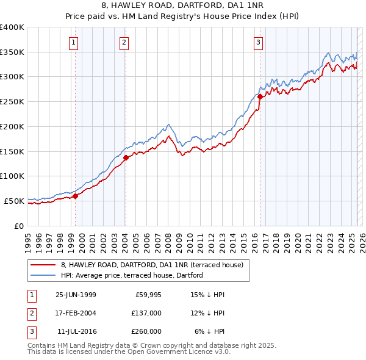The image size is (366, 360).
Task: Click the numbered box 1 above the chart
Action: (x=73, y=43)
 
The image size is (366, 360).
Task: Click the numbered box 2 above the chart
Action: (x=124, y=43)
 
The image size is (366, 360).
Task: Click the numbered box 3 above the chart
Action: (x=259, y=43)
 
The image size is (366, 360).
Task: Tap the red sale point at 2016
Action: (x=260, y=96)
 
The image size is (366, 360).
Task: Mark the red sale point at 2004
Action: (x=125, y=157)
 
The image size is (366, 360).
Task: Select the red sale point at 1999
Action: (x=76, y=196)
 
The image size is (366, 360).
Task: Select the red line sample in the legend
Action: (x=43, y=265)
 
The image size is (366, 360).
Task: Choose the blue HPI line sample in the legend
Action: (x=43, y=275)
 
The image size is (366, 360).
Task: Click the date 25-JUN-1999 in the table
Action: (x=76, y=295)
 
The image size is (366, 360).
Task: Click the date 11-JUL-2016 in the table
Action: (x=76, y=331)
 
